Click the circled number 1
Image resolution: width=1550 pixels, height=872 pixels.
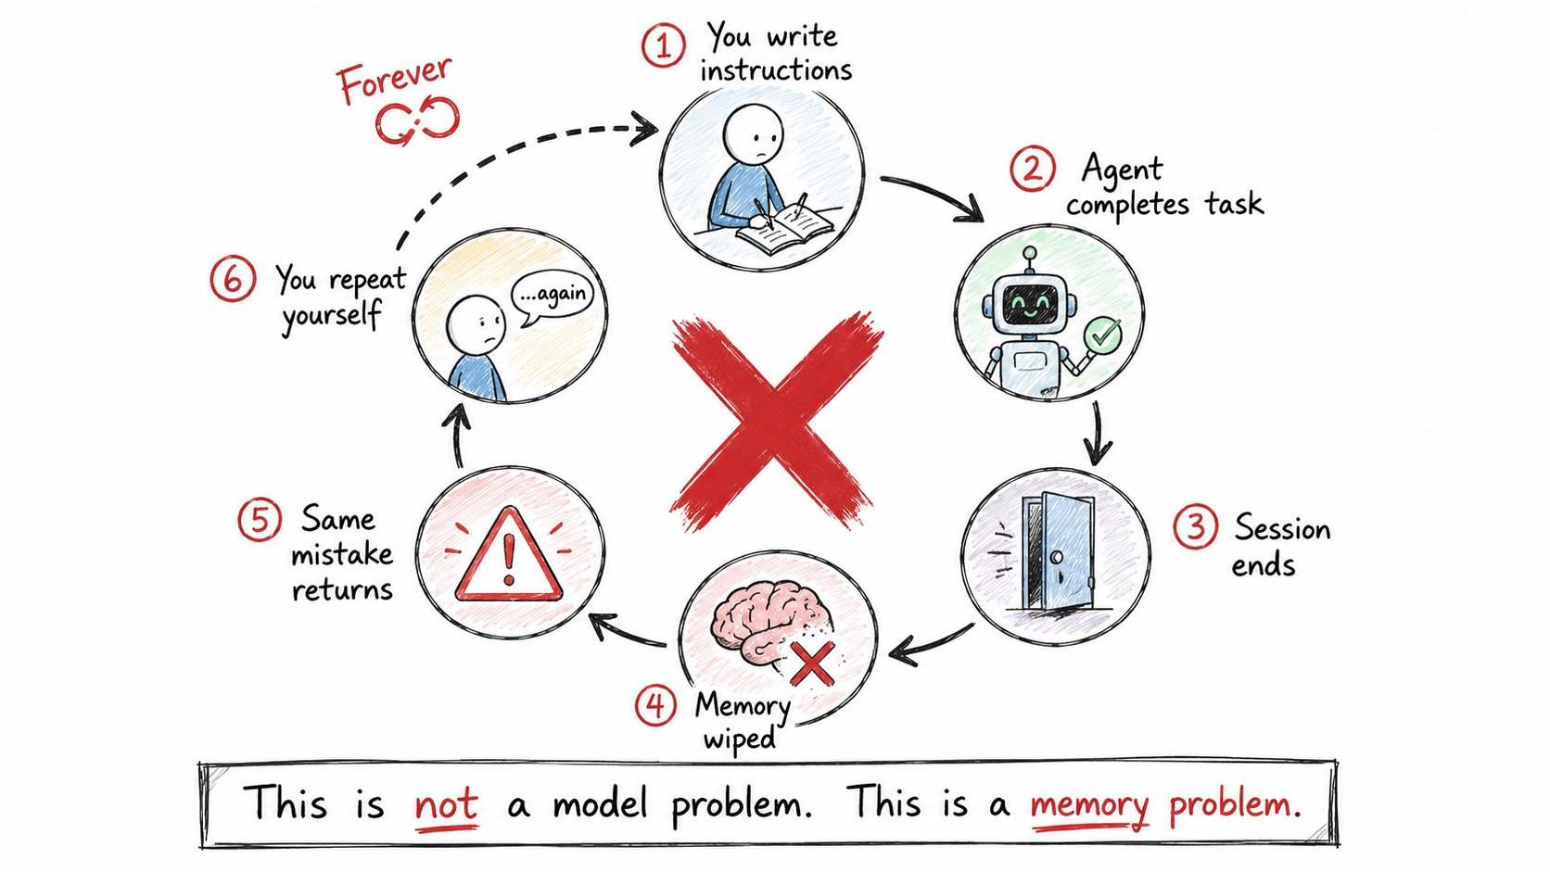pyautogui.click(x=664, y=45)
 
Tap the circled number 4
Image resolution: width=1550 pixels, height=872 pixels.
pyautogui.click(x=655, y=705)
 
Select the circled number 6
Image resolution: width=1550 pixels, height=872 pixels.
pyautogui.click(x=233, y=279)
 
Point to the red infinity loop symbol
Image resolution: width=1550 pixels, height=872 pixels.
pyautogui.click(x=417, y=120)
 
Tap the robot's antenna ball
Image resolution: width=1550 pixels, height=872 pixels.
pyautogui.click(x=1030, y=253)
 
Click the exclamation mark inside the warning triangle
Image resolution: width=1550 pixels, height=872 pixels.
pyautogui.click(x=510, y=555)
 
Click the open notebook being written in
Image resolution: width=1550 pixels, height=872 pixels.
pyautogui.click(x=785, y=229)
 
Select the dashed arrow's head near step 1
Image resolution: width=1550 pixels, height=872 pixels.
pyautogui.click(x=643, y=129)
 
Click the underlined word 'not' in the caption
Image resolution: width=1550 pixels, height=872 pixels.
pyautogui.click(x=446, y=804)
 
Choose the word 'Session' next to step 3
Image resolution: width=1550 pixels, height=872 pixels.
pyautogui.click(x=1282, y=529)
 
